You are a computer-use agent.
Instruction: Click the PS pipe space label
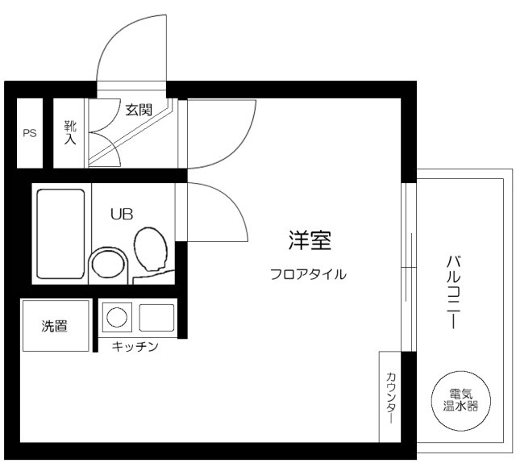pyautogui.click(x=30, y=133)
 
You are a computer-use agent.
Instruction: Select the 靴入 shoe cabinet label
pyautogui.click(x=70, y=132)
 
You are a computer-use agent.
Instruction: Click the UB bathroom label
pyautogui.click(x=122, y=214)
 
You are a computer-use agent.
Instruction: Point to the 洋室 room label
pyautogui.click(x=310, y=240)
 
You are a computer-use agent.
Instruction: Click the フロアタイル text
pyautogui.click(x=309, y=274)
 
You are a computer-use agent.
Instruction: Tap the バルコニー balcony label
pyautogui.click(x=452, y=290)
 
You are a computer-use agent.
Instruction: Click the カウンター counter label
pyautogui.click(x=391, y=397)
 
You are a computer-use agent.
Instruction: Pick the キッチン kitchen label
pyautogui.click(x=135, y=347)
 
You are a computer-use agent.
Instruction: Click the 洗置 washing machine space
pyautogui.click(x=55, y=326)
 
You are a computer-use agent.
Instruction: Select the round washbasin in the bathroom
pyautogui.click(x=107, y=263)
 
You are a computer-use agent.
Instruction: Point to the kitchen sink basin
pyautogui.click(x=156, y=317)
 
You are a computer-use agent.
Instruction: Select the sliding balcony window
pyautogui.click(x=408, y=266)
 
